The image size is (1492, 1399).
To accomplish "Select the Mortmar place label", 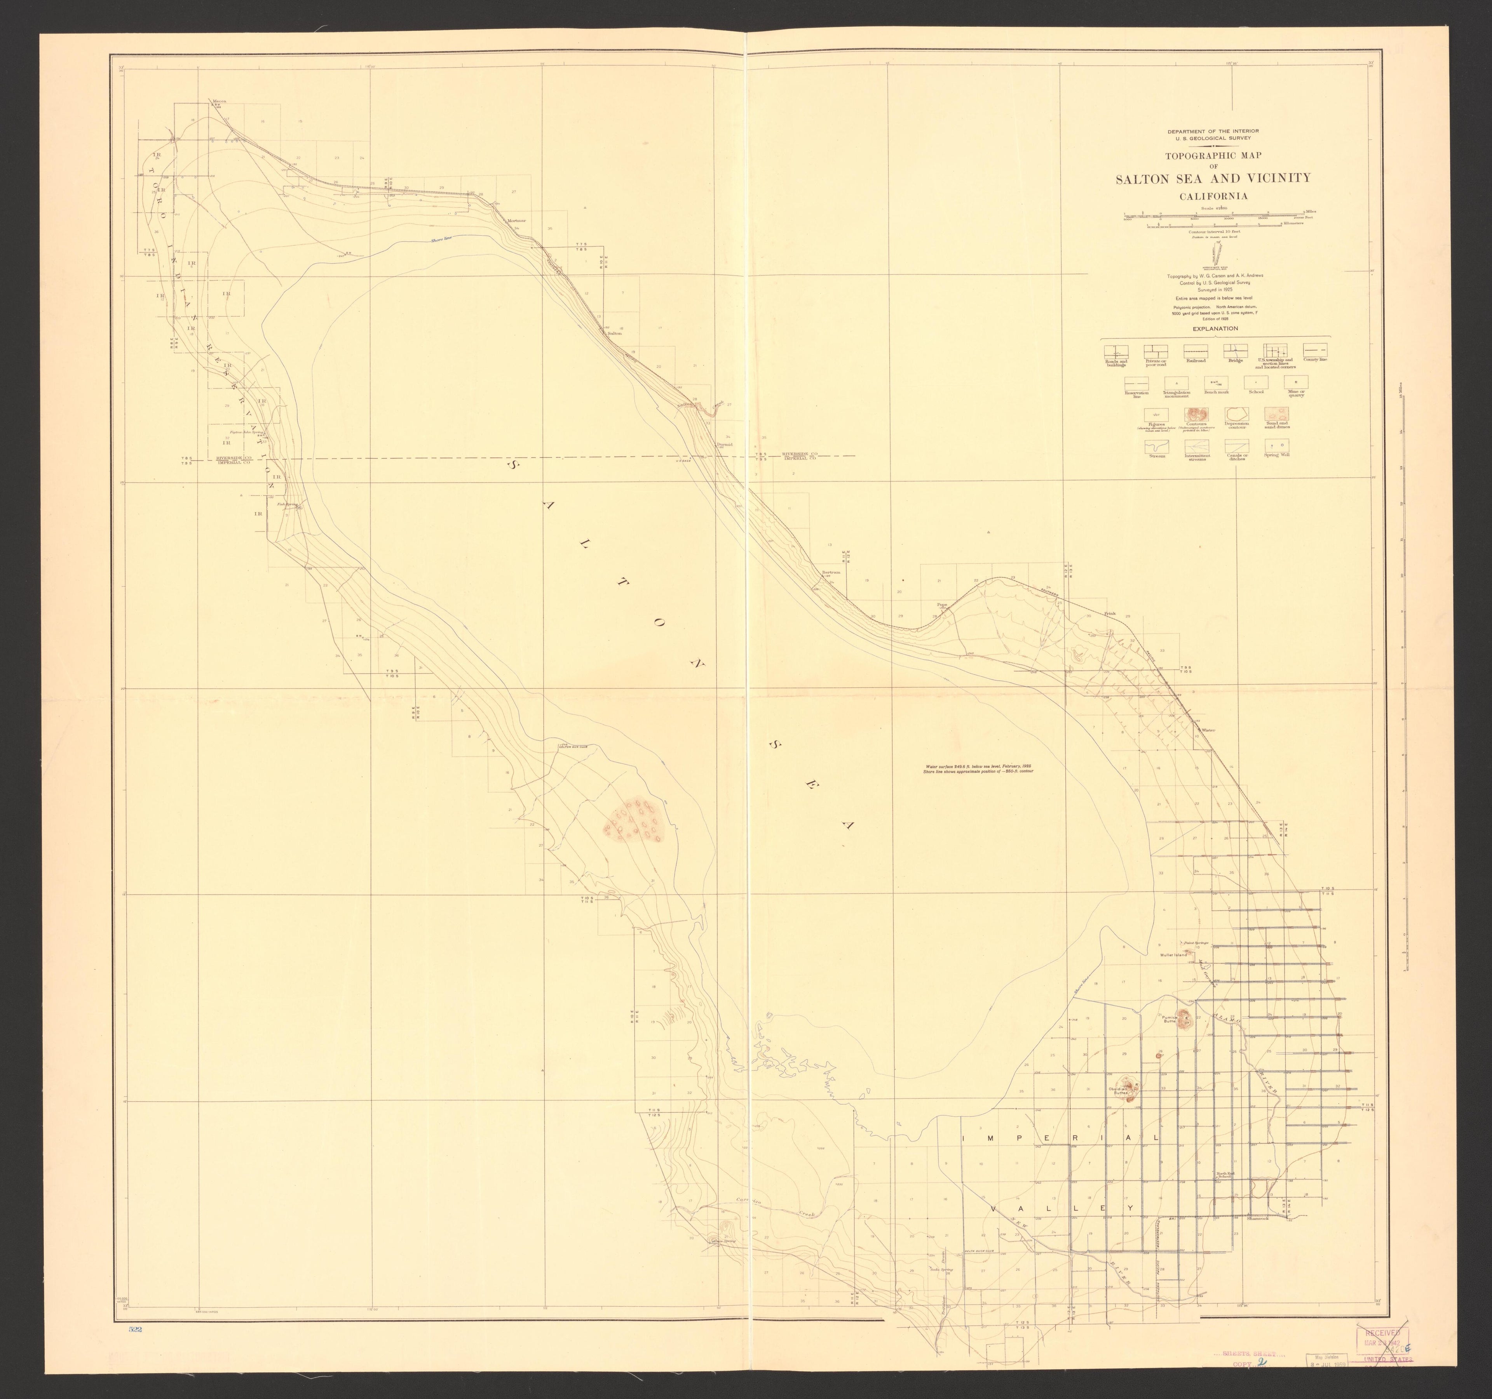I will (517, 221).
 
